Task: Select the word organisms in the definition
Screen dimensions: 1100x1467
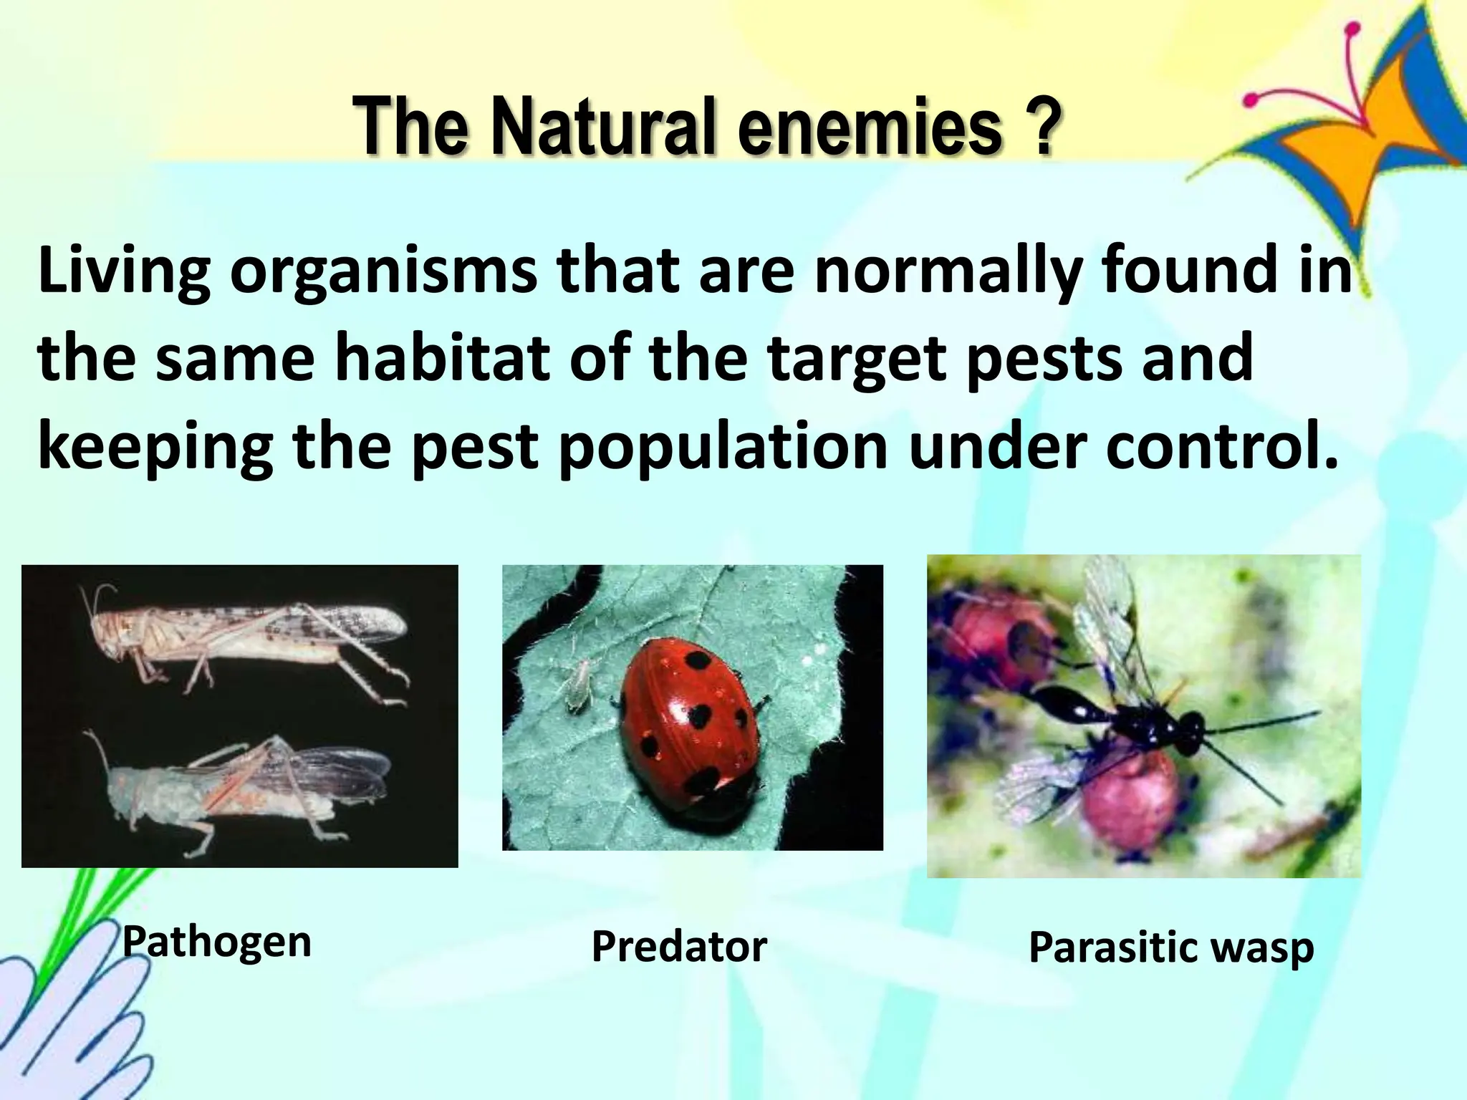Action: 383,272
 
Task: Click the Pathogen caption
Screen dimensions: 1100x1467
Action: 217,942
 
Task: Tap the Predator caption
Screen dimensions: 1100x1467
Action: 679,946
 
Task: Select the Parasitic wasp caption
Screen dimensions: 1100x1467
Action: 1171,947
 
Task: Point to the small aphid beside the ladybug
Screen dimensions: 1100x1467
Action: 579,684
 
